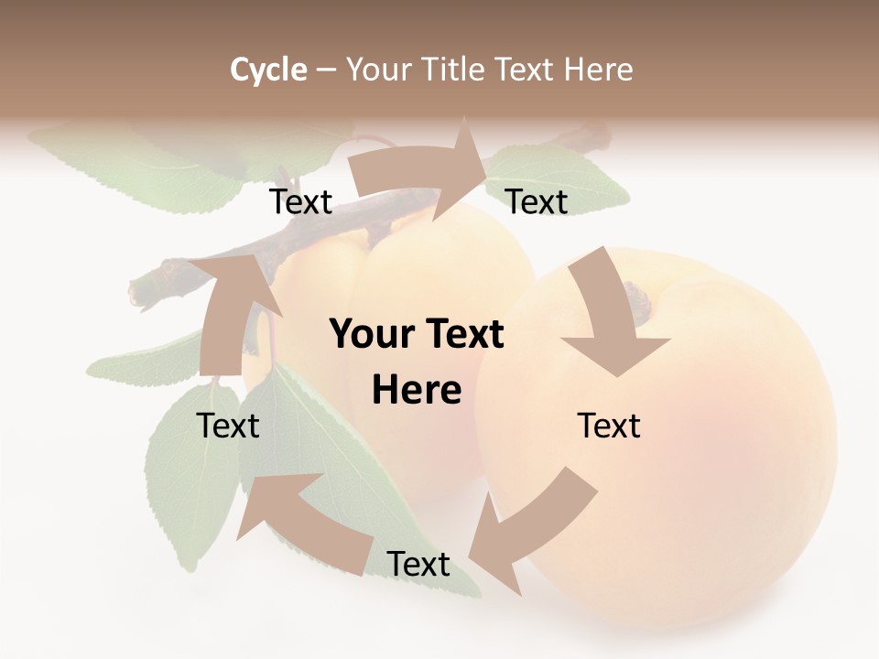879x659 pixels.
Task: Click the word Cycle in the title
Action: point(268,70)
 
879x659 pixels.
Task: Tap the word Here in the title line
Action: point(598,70)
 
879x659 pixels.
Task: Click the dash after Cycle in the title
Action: point(326,70)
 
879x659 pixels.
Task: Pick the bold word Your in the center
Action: point(369,335)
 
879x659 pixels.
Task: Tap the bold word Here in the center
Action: point(417,391)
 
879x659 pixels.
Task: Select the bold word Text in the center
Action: point(464,335)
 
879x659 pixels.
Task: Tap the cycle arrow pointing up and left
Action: point(293,522)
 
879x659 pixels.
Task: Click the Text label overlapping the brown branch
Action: point(300,201)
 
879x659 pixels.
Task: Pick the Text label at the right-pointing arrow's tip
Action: point(537,201)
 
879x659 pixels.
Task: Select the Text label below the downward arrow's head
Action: point(609,426)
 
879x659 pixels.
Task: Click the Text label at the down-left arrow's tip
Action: point(418,565)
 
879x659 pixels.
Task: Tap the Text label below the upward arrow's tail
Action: point(228,426)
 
